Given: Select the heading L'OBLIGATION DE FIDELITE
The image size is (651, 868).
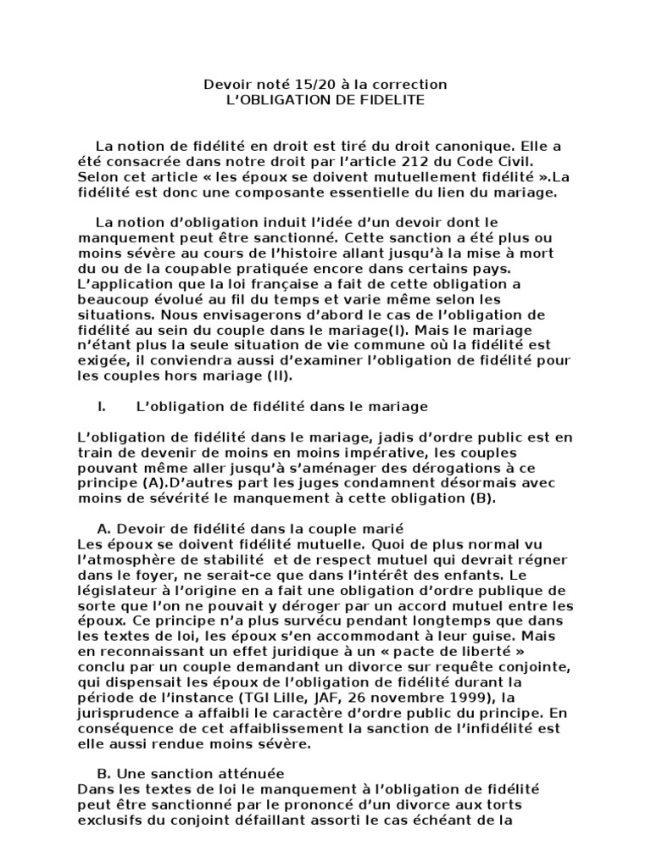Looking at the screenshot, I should pos(325,100).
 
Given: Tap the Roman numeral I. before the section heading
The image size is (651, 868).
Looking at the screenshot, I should pos(102,407).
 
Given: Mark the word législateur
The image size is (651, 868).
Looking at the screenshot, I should pos(113,591).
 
